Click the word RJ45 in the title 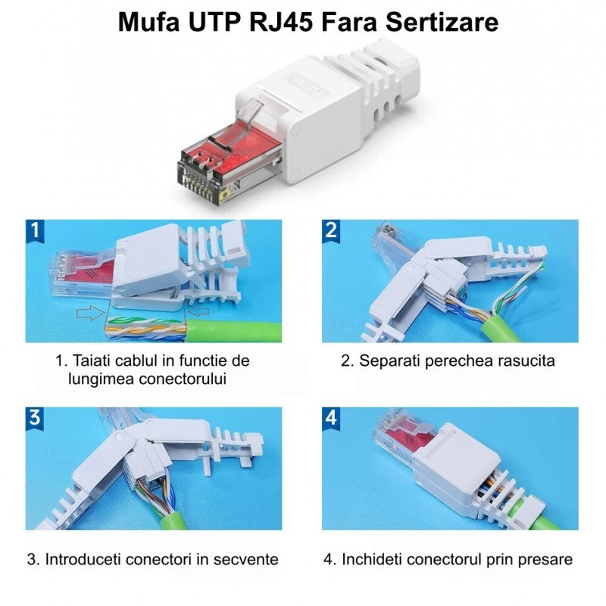click(280, 22)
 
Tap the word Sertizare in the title click(442, 22)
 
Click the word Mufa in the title click(148, 22)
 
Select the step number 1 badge click(35, 231)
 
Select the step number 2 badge click(331, 231)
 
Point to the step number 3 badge click(35, 419)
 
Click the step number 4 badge click(331, 419)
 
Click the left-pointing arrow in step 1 click(198, 311)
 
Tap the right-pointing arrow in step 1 click(90, 312)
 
